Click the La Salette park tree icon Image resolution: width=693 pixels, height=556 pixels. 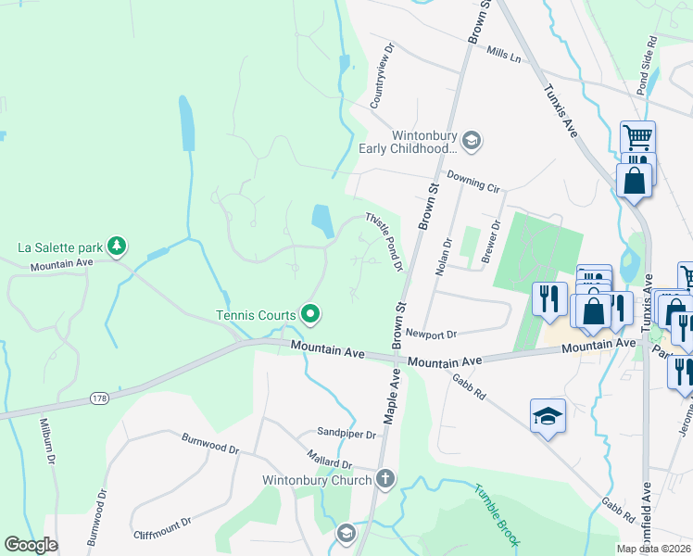tap(117, 246)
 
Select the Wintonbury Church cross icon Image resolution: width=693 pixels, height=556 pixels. tap(385, 479)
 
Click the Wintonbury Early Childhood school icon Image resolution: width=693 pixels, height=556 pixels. tap(472, 140)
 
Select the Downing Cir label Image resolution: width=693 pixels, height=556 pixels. tap(472, 180)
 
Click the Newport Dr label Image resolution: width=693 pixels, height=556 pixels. tap(432, 334)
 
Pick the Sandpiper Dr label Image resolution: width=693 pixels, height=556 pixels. tap(346, 434)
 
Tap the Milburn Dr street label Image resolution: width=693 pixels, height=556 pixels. tap(47, 441)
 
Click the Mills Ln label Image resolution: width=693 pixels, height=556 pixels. tap(504, 56)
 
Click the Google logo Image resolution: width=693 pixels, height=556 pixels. tap(31, 545)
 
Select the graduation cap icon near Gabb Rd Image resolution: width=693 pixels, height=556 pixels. tap(548, 417)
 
